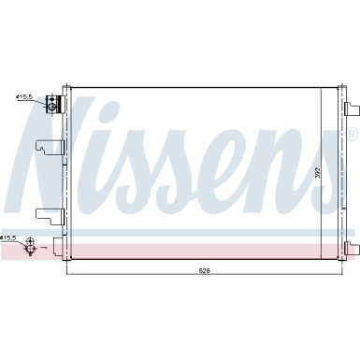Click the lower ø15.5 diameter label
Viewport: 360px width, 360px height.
(x=9, y=238)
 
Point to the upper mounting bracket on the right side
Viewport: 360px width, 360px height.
(x=352, y=109)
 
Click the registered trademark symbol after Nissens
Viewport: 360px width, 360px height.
(x=353, y=134)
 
